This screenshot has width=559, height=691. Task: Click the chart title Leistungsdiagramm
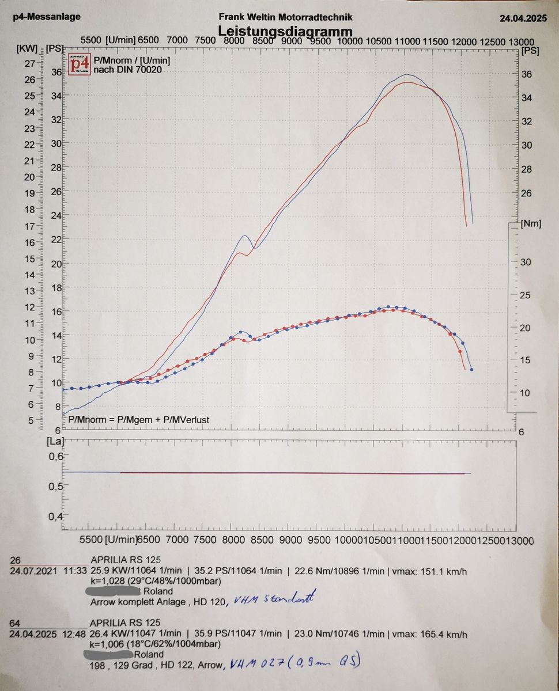pos(285,31)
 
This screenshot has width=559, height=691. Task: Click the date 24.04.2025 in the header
pos(522,18)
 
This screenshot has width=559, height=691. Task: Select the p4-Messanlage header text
pos(47,17)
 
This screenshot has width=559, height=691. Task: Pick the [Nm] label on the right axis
pos(531,223)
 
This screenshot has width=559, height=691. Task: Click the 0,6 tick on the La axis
pos(55,457)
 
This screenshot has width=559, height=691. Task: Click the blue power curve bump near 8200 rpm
pos(244,236)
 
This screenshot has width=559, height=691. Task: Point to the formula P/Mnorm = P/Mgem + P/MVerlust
pos(139,420)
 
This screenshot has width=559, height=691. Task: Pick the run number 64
pos(16,623)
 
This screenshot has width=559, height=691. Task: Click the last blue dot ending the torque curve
pos(471,369)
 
